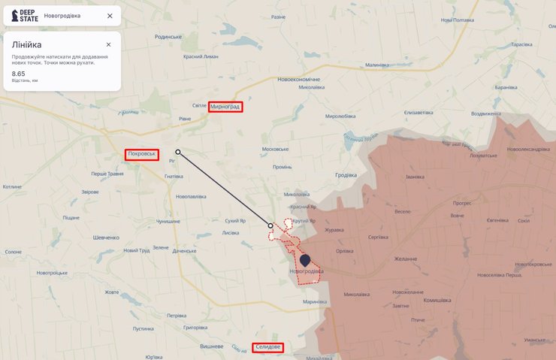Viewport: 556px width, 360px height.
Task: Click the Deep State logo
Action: click(x=23, y=16)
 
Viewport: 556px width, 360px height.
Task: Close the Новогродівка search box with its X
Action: click(x=110, y=16)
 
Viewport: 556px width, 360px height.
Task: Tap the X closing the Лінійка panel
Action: click(x=108, y=44)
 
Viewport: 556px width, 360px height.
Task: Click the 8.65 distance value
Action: click(x=18, y=74)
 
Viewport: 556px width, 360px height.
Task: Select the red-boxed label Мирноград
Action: click(x=226, y=107)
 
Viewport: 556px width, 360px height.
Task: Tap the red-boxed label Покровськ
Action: click(x=142, y=154)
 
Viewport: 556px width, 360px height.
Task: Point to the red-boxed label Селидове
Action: click(x=268, y=346)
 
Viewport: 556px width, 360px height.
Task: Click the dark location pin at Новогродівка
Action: click(x=304, y=261)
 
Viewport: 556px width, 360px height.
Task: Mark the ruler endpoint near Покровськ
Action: click(x=178, y=152)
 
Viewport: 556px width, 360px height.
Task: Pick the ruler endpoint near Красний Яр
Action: click(x=270, y=225)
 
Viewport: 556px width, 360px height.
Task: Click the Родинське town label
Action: click(x=168, y=37)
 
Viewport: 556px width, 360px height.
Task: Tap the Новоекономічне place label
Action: click(x=298, y=79)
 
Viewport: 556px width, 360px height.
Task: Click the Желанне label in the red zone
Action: click(x=405, y=259)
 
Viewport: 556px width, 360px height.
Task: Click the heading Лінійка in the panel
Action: click(x=26, y=44)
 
